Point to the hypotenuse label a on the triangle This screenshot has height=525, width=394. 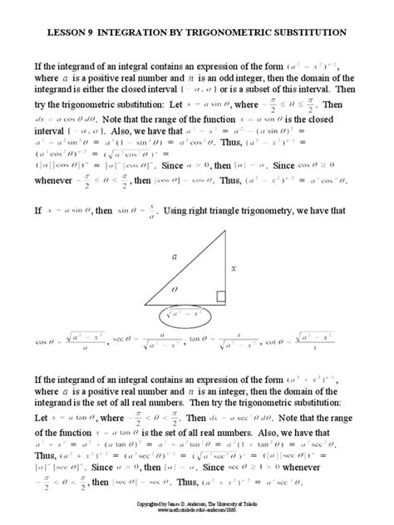175,258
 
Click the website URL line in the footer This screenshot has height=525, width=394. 197,512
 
